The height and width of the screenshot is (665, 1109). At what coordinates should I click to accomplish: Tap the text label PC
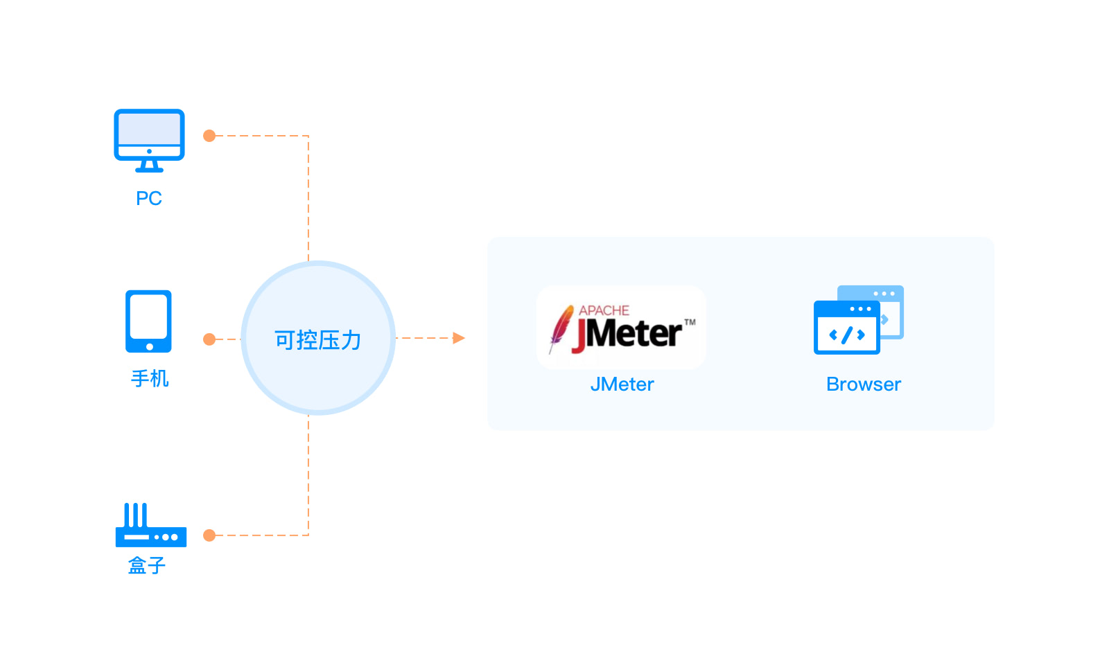point(149,198)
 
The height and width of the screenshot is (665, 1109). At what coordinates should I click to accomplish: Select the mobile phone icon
point(148,321)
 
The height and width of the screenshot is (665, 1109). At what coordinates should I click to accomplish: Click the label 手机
point(150,378)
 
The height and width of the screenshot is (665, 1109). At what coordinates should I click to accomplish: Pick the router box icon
point(150,526)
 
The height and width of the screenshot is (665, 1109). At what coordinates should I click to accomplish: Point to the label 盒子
point(147,566)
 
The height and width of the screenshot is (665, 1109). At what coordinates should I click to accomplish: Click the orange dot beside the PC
point(209,136)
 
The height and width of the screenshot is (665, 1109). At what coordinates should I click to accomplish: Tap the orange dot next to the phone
point(209,339)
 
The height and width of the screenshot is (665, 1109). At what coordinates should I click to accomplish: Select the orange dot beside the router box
point(209,535)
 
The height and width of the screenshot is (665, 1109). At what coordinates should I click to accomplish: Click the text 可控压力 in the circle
point(318,340)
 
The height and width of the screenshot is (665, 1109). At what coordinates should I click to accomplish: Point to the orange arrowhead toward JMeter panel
point(458,338)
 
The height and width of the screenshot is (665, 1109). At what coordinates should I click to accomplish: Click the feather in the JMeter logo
point(560,328)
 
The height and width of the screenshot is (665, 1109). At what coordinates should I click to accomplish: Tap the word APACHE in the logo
point(604,310)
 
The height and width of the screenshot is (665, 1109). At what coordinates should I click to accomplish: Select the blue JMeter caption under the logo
point(622,384)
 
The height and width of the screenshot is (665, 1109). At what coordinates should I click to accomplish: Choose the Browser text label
point(864,384)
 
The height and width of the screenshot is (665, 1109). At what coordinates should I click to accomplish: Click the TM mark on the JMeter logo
point(690,322)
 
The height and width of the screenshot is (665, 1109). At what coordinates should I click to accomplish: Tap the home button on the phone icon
point(149,346)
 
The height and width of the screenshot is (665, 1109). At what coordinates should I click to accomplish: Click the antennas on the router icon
point(135,515)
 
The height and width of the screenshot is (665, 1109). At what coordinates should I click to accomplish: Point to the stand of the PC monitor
point(149,166)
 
